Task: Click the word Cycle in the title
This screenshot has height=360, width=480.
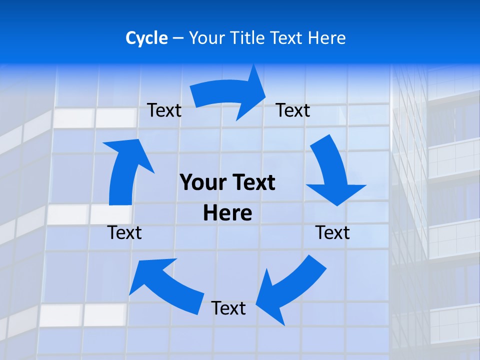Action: click(x=146, y=38)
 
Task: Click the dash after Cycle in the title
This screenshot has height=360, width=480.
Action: click(x=178, y=38)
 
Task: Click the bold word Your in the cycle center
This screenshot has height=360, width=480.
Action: click(x=204, y=182)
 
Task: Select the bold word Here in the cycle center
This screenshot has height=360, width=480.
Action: click(x=227, y=213)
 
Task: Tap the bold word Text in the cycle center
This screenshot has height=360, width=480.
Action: click(x=252, y=182)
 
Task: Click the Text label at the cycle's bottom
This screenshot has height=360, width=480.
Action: click(x=228, y=308)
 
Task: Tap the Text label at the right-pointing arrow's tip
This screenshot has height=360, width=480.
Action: click(x=293, y=110)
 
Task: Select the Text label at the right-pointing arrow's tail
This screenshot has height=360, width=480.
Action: click(x=164, y=110)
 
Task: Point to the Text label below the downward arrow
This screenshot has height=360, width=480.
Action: click(x=333, y=232)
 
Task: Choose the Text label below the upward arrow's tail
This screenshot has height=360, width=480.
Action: click(x=124, y=232)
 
